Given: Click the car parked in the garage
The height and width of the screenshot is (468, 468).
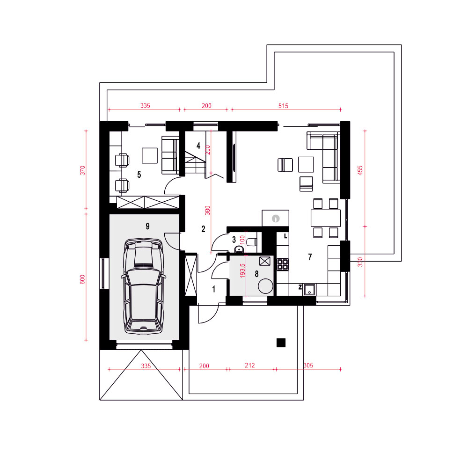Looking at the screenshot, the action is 144,285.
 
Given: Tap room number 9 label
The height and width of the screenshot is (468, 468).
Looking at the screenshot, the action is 147,226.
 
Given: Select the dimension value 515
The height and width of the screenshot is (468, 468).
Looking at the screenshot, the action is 283,106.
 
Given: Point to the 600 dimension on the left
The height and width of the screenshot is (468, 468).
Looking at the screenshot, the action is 82,279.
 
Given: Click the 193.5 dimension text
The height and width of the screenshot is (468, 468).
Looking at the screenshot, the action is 242,271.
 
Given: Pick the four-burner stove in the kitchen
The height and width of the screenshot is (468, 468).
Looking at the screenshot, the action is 283,264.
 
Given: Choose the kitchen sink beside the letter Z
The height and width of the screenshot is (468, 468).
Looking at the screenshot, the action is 309,289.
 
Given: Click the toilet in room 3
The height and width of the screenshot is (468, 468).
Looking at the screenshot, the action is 252,241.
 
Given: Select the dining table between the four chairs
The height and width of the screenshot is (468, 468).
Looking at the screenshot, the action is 326,218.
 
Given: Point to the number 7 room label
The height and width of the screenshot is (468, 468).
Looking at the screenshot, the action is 310,256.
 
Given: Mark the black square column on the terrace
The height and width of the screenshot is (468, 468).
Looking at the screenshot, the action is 281,343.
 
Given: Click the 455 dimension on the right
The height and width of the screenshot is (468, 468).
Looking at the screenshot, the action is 360,170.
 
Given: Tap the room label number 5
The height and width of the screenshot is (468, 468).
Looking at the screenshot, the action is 139,175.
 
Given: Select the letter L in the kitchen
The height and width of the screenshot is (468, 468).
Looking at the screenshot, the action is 285,236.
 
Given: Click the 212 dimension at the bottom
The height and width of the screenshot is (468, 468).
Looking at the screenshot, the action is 250,366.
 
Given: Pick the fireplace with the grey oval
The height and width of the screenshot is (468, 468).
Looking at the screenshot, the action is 276,218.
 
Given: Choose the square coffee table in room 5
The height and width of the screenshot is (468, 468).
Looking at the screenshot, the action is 150,155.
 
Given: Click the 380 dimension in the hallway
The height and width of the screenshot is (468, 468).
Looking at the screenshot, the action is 207,211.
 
